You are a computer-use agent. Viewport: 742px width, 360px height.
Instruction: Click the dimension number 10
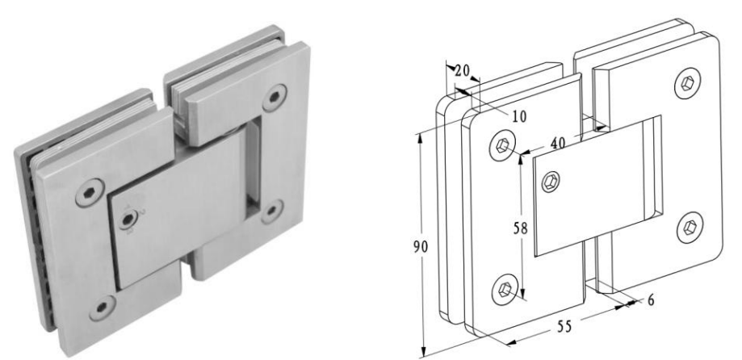point(518,115)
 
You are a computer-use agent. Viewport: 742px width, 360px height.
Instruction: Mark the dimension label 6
point(651,299)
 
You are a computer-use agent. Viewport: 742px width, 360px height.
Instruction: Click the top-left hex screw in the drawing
point(504,145)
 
